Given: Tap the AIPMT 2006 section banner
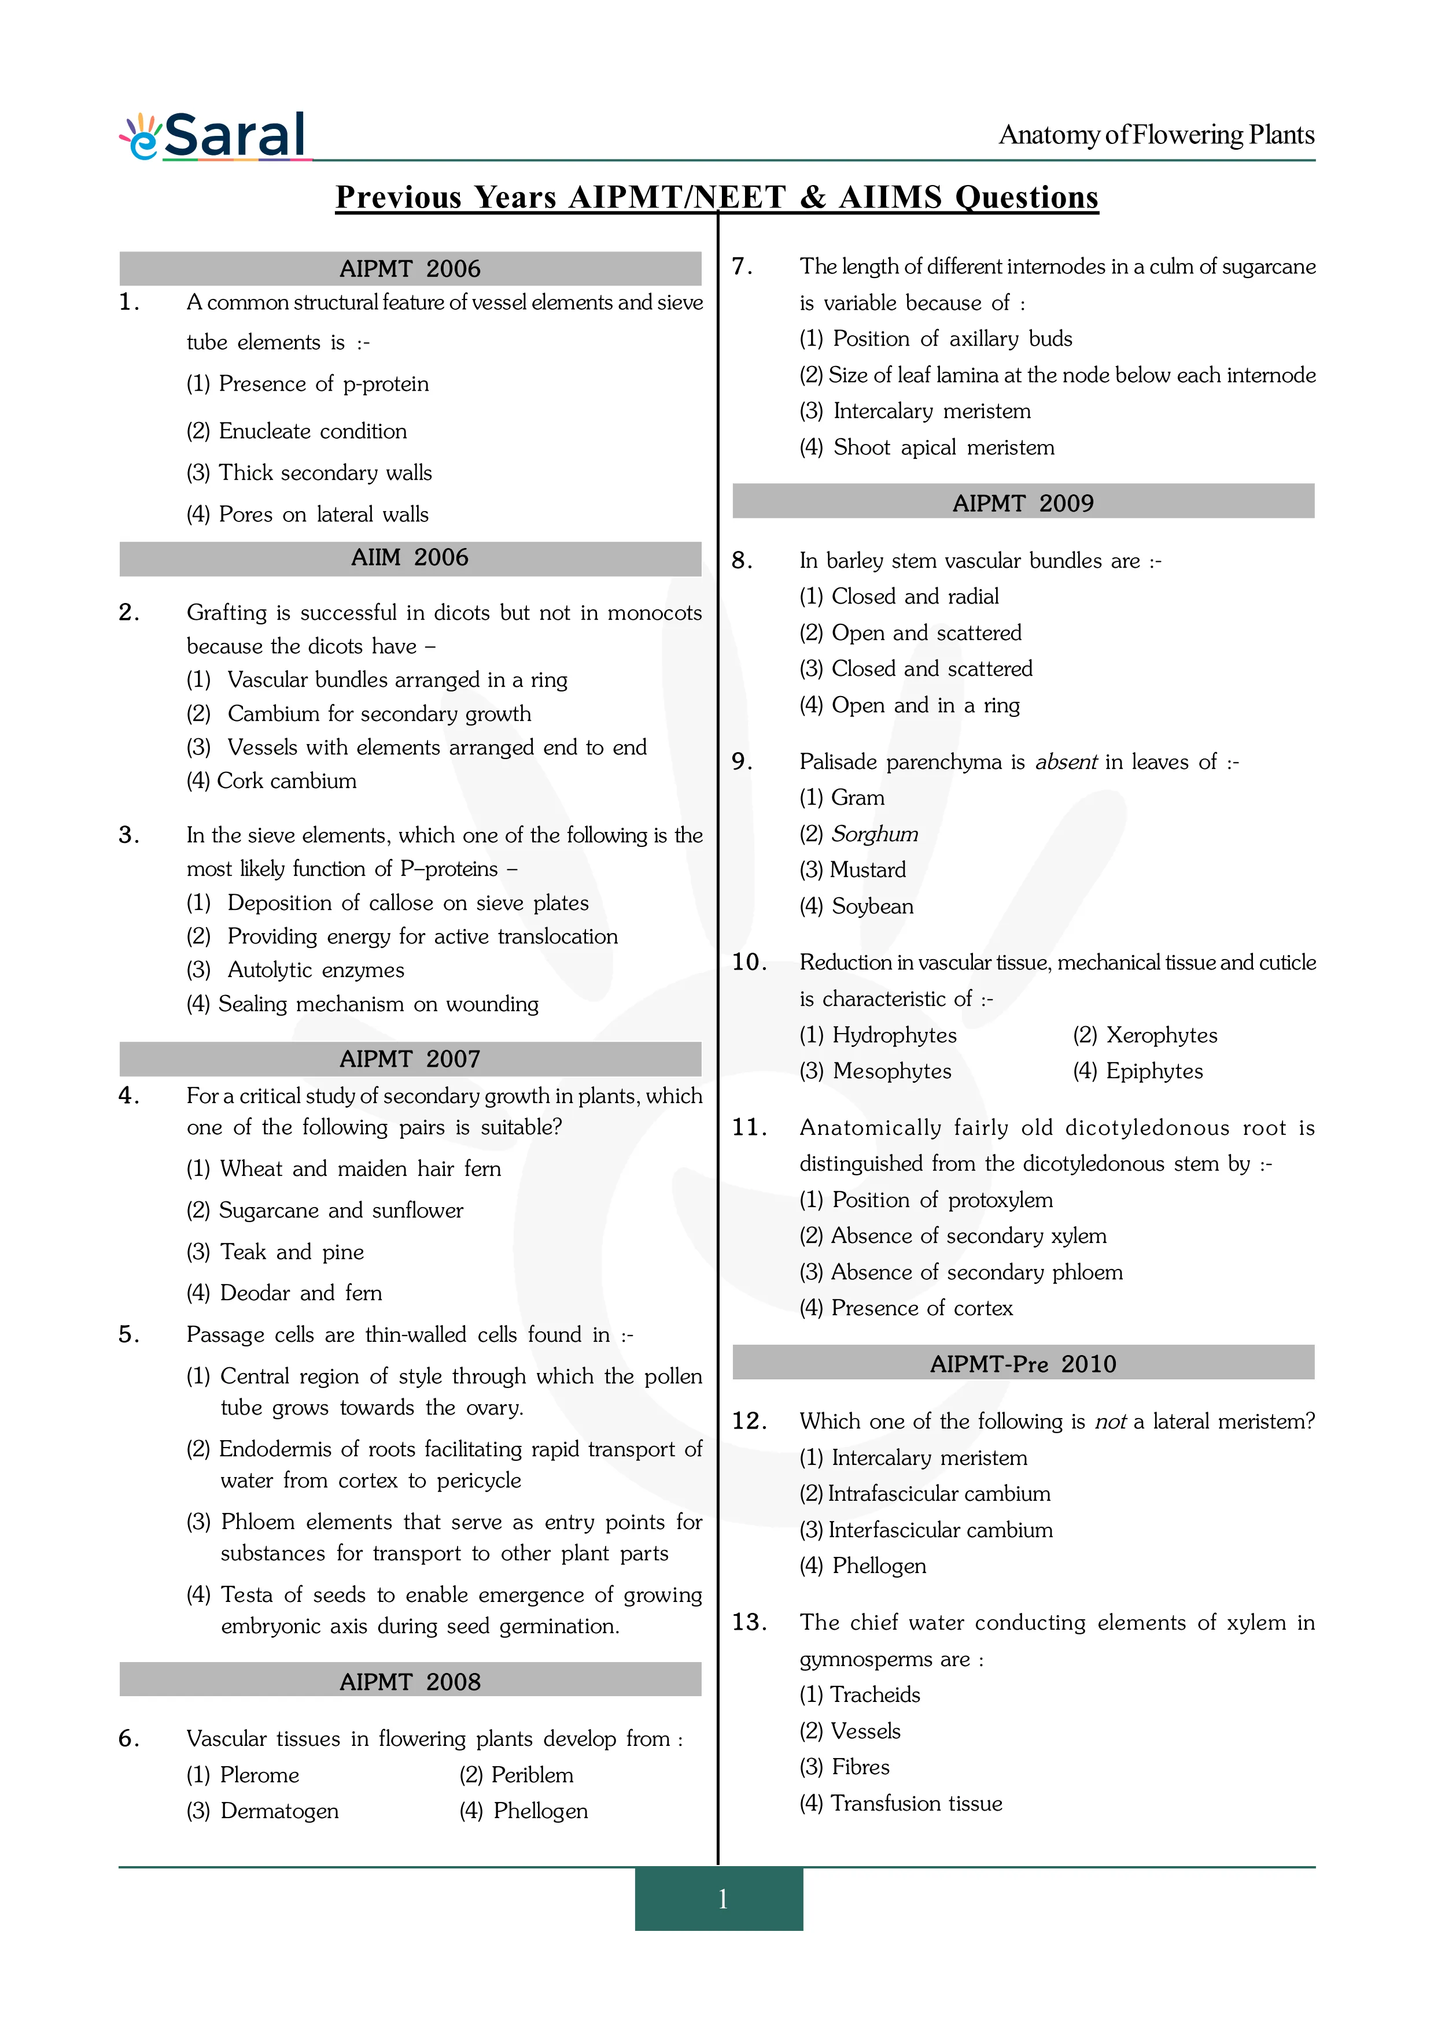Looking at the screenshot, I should click(x=410, y=268).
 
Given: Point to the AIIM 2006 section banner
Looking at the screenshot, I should click(x=410, y=557).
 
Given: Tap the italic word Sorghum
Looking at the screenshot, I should click(x=875, y=834).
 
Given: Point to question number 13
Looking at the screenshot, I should click(x=749, y=1623).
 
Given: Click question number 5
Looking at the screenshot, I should click(x=129, y=1335).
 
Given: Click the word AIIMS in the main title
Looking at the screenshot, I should click(x=891, y=197).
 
